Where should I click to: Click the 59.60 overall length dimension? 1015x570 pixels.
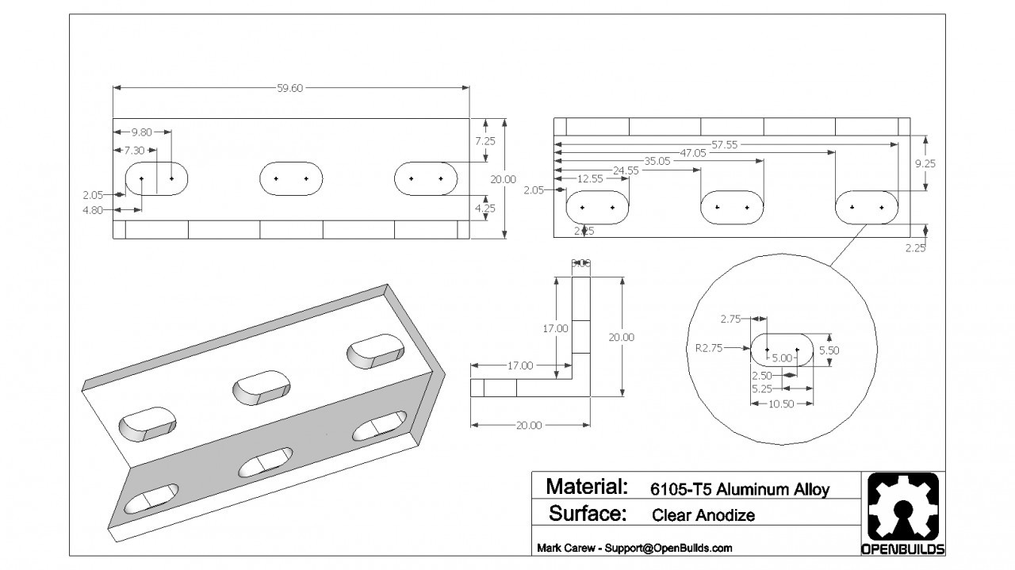289,88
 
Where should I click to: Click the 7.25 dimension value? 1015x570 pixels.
485,140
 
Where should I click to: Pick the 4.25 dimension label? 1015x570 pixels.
485,209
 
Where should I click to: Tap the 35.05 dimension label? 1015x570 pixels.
657,161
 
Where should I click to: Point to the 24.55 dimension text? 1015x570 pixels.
626,170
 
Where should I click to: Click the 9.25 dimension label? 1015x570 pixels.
925,164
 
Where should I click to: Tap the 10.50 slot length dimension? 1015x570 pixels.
781,404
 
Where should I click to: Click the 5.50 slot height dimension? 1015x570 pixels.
829,350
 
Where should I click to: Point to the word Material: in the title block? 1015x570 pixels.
587,486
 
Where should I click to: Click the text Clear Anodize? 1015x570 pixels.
703,515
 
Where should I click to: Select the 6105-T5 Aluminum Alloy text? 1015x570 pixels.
739,488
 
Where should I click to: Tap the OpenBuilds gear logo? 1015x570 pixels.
902,507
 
